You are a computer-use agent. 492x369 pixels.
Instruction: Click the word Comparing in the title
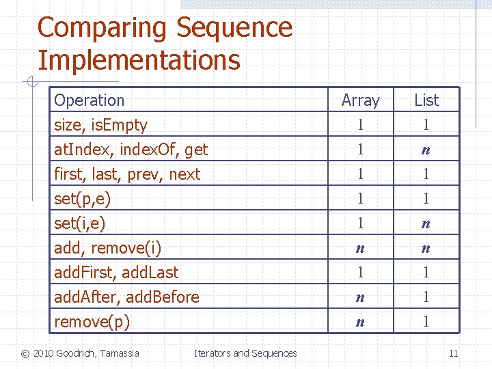tap(102, 28)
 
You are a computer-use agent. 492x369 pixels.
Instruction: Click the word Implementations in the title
tap(139, 60)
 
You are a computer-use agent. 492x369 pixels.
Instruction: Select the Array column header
tap(360, 100)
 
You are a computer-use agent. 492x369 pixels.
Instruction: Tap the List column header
tap(426, 100)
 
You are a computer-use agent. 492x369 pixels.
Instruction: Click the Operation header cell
tap(89, 100)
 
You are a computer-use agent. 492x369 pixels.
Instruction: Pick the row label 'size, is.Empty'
tap(100, 125)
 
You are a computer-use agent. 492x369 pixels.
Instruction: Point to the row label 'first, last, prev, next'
tap(127, 174)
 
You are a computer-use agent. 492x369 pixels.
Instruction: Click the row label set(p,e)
tap(82, 199)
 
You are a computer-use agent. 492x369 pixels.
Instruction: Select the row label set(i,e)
tap(80, 223)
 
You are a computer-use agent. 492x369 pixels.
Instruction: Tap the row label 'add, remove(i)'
tap(107, 248)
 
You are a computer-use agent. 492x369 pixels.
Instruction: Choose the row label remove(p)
tap(92, 322)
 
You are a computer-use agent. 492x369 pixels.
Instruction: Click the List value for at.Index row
tap(426, 150)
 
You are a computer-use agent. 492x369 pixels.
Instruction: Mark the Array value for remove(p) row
tap(360, 322)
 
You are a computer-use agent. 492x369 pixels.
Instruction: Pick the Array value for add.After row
tap(360, 297)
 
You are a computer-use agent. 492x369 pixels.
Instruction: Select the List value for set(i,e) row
tap(426, 223)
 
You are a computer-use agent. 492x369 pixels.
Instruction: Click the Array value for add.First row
tap(360, 273)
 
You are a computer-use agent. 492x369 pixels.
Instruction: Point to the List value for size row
tap(426, 125)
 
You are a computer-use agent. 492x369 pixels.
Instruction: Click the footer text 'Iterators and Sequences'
tap(245, 353)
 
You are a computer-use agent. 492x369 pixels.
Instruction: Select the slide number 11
tap(453, 353)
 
